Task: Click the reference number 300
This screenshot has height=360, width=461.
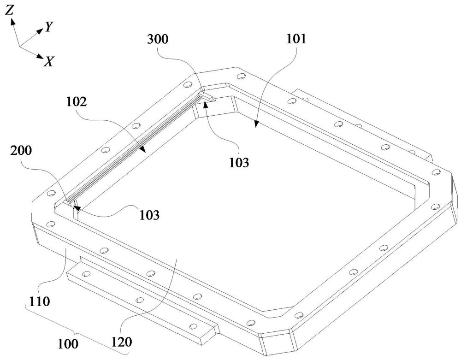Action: coord(158,39)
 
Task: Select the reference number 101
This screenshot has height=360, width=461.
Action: coord(296,39)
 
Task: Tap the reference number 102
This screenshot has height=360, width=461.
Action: coord(77,102)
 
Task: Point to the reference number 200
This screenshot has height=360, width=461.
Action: coord(21,150)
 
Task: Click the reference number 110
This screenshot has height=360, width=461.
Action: coord(39,301)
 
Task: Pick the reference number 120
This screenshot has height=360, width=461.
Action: coord(121,342)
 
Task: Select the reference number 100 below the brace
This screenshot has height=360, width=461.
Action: coord(68,343)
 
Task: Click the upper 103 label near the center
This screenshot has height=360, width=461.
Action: coord(239,162)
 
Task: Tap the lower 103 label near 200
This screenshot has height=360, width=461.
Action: coord(149,215)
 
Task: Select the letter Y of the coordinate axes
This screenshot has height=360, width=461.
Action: coord(48,27)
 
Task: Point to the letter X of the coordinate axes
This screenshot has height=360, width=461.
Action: coord(48,61)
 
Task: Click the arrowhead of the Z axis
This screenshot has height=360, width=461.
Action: coord(12,22)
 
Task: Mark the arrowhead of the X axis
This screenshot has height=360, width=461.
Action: coord(40,56)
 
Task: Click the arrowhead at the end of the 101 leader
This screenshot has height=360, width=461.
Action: coord(257,124)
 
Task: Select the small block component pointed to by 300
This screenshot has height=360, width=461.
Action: coord(207,97)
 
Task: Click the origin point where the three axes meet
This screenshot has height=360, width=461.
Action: coord(19,47)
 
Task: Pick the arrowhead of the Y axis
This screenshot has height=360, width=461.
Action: coord(40,30)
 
